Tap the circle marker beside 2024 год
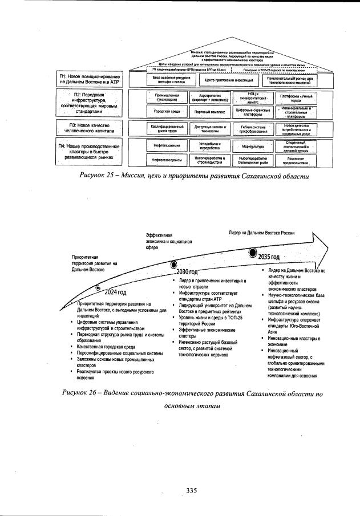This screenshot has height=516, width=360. [98, 288]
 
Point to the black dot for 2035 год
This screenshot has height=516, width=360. [252, 251]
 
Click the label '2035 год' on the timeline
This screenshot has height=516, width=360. [269, 257]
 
